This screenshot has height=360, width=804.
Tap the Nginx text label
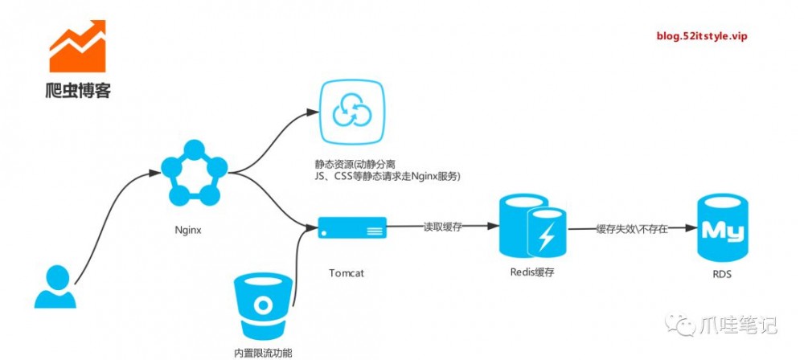click(187, 229)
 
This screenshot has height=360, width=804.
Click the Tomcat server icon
click(352, 228)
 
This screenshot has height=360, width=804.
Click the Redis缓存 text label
click(532, 272)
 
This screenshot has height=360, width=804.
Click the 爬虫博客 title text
click(77, 90)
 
